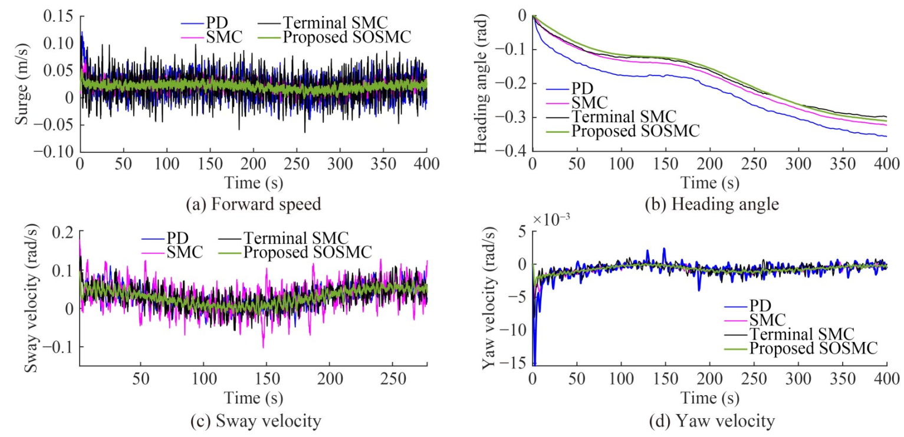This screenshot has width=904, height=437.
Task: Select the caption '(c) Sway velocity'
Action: coord(253,422)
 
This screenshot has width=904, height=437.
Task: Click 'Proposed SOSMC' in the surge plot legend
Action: coord(346,38)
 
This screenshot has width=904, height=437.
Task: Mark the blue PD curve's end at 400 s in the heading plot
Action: coord(886,136)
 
